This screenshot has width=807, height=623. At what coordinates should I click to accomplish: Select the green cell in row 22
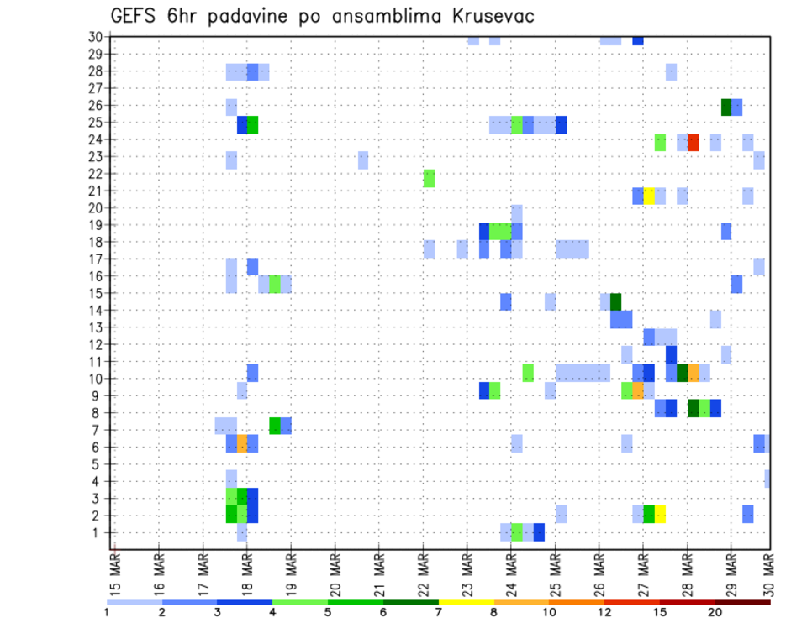click(429, 178)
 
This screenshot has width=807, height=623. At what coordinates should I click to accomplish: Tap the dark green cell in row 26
click(726, 107)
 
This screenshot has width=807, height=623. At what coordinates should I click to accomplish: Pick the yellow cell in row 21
click(649, 196)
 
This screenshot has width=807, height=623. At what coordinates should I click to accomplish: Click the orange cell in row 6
click(242, 443)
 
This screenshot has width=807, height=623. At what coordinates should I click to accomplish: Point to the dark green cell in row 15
click(616, 301)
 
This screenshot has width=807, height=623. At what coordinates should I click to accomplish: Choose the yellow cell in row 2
click(660, 513)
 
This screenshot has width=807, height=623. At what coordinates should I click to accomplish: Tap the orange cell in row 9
click(638, 390)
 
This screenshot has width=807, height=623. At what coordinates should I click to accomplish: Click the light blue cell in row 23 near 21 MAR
click(363, 160)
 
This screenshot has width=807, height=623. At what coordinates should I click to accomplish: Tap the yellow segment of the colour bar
click(466, 602)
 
